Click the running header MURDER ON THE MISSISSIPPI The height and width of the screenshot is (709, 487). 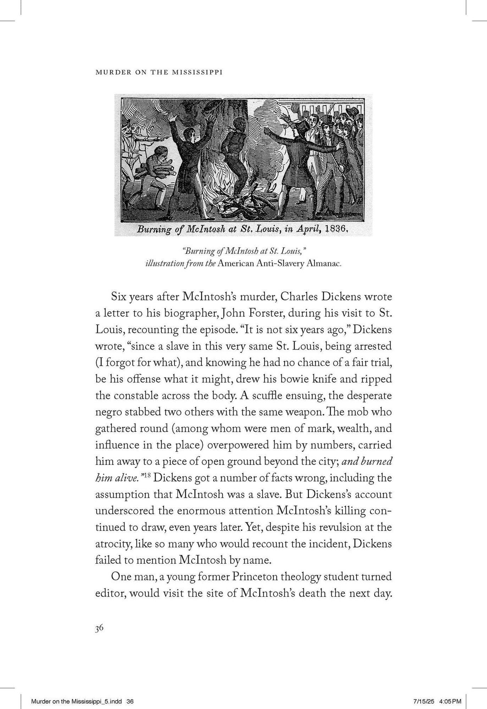pos(159,72)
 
